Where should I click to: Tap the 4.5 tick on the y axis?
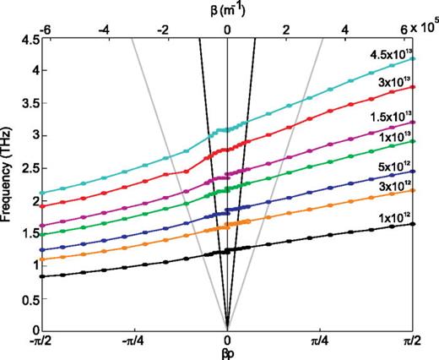point(29,40)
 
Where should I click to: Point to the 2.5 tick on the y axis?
point(29,169)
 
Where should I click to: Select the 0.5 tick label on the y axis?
point(29,298)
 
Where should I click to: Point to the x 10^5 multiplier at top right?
point(425,29)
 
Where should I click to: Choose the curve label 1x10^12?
point(393,217)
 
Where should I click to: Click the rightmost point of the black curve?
point(413,224)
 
